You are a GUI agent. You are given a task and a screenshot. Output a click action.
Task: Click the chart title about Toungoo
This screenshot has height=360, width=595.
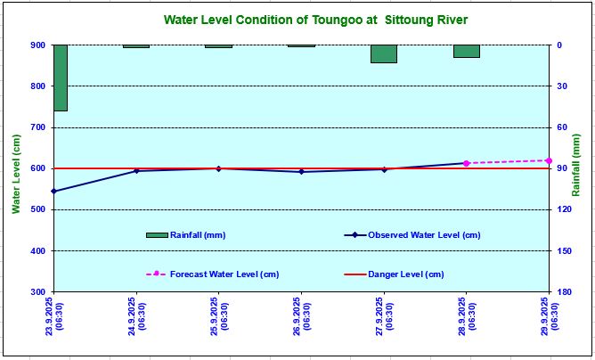316,20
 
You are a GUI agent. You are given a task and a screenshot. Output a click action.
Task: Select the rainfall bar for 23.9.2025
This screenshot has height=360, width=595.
61,78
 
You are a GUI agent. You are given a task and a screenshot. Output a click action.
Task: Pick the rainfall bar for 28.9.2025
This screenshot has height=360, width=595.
466,51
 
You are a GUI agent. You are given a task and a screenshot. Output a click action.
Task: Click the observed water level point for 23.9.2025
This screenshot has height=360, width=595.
54,191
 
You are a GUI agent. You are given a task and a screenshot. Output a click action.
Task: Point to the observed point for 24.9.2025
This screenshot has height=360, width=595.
136,170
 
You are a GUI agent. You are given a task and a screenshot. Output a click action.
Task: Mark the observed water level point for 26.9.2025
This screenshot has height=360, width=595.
301,171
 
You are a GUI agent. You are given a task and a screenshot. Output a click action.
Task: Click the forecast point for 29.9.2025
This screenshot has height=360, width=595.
549,160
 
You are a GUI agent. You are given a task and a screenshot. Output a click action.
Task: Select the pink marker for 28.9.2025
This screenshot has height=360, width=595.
466,163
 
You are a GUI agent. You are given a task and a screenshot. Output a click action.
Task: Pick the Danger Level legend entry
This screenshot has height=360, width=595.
405,274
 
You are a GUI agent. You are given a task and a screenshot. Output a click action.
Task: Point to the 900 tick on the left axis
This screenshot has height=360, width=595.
38,45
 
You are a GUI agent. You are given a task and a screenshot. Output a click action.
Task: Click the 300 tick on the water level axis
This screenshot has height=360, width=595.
38,291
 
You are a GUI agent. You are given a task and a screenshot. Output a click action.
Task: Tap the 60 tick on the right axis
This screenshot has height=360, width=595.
561,127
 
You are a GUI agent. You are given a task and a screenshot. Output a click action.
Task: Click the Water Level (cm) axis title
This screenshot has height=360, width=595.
15,174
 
